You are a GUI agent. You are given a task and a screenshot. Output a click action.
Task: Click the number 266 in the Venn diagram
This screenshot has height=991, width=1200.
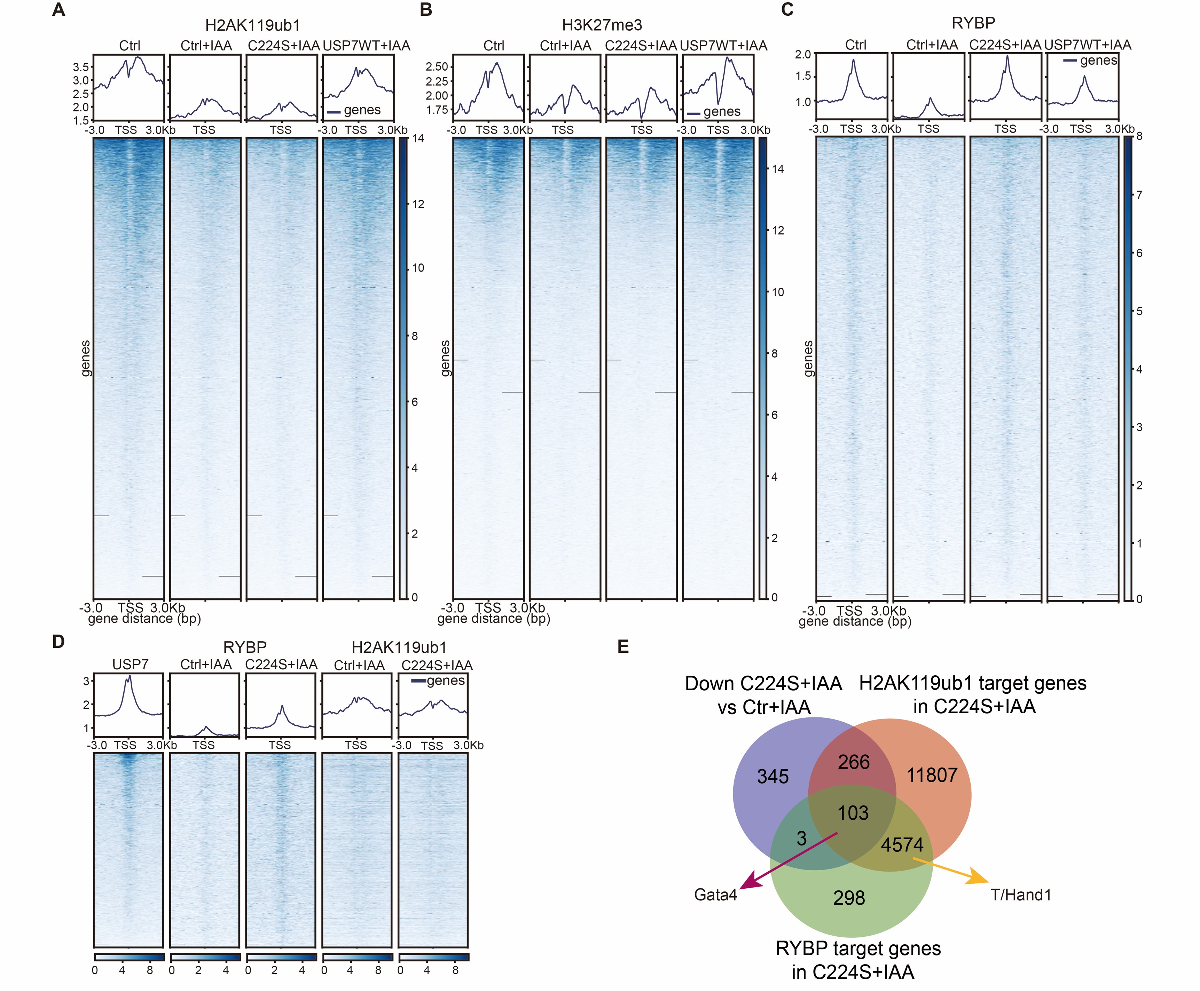854,762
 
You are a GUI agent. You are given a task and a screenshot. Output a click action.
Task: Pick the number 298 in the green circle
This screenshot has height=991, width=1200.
849,898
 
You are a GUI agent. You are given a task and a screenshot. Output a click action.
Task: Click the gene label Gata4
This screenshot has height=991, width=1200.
715,895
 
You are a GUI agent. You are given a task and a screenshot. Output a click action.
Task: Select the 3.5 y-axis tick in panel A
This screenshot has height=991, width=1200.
80,68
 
